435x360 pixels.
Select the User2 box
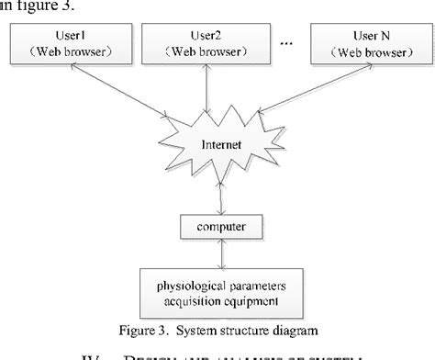(210, 43)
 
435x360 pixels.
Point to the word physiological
(173, 283)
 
